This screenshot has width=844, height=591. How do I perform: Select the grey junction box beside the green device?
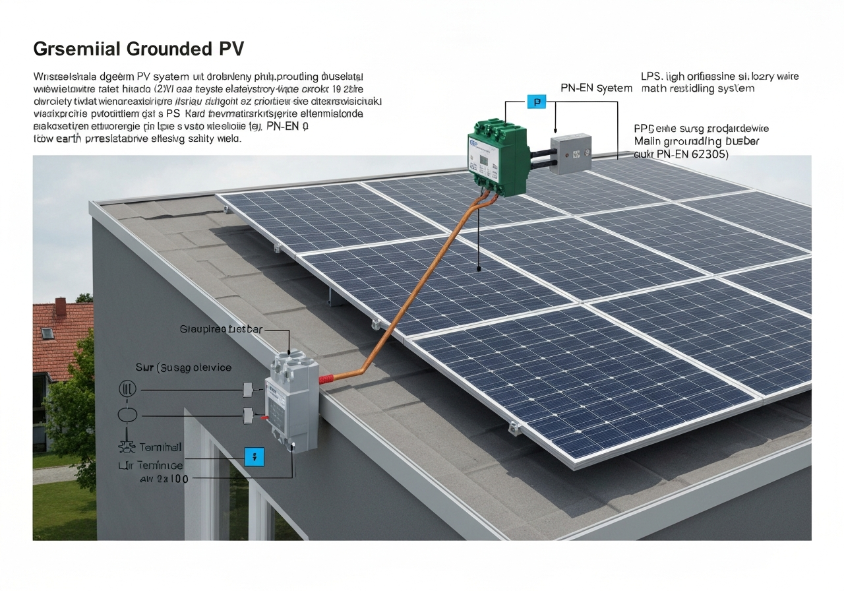(570, 154)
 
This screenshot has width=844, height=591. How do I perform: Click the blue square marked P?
(537, 102)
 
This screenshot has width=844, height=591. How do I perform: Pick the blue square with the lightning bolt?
(254, 456)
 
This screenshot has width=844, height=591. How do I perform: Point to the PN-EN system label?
(596, 88)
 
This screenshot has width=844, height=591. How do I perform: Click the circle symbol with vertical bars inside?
(127, 389)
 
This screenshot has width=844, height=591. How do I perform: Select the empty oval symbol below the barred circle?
(127, 415)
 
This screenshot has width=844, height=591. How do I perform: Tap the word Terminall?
(161, 447)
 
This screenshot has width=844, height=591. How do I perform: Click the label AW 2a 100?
(164, 479)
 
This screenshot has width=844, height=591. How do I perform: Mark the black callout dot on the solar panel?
(478, 268)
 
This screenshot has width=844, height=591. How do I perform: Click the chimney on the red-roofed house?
(60, 307)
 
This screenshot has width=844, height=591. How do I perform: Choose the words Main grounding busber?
(696, 141)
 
